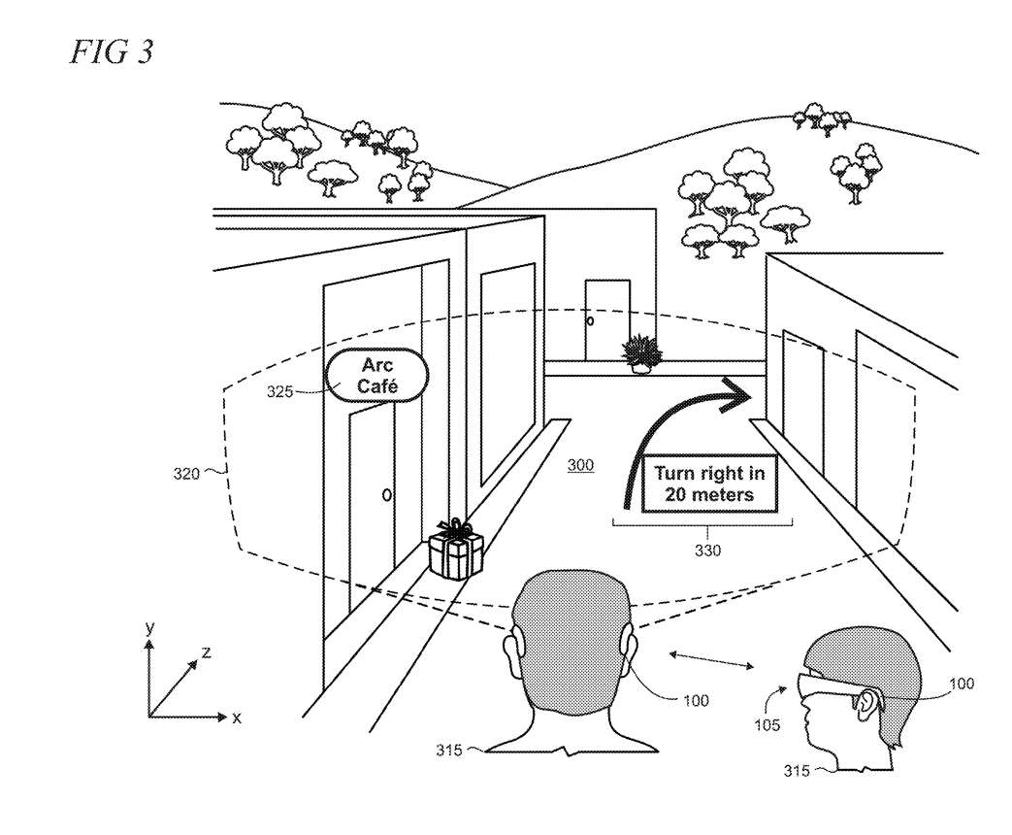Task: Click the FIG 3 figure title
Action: pyautogui.click(x=112, y=51)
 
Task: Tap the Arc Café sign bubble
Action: pyautogui.click(x=377, y=375)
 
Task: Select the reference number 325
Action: pyautogui.click(x=279, y=391)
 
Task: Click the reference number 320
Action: pyautogui.click(x=186, y=474)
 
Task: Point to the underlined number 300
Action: pyautogui.click(x=580, y=465)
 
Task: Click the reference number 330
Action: pyautogui.click(x=708, y=551)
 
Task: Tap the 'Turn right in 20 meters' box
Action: pyautogui.click(x=709, y=484)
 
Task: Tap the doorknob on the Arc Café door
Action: pyautogui.click(x=386, y=495)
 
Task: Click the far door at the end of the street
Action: pyautogui.click(x=606, y=319)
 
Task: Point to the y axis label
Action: pyautogui.click(x=149, y=627)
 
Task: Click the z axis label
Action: pyautogui.click(x=206, y=652)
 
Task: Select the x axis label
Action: pyautogui.click(x=236, y=718)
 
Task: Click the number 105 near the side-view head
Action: pyautogui.click(x=767, y=725)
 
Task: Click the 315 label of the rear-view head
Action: pyautogui.click(x=448, y=750)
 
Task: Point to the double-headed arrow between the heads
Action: pyautogui.click(x=711, y=660)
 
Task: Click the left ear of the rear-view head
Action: pyautogui.click(x=510, y=653)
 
